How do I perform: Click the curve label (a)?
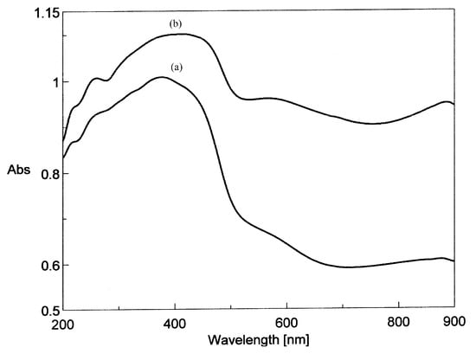177,67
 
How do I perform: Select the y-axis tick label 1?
50,82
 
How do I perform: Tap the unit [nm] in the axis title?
300,343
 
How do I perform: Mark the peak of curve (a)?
162,77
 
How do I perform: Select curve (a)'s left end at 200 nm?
63,157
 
